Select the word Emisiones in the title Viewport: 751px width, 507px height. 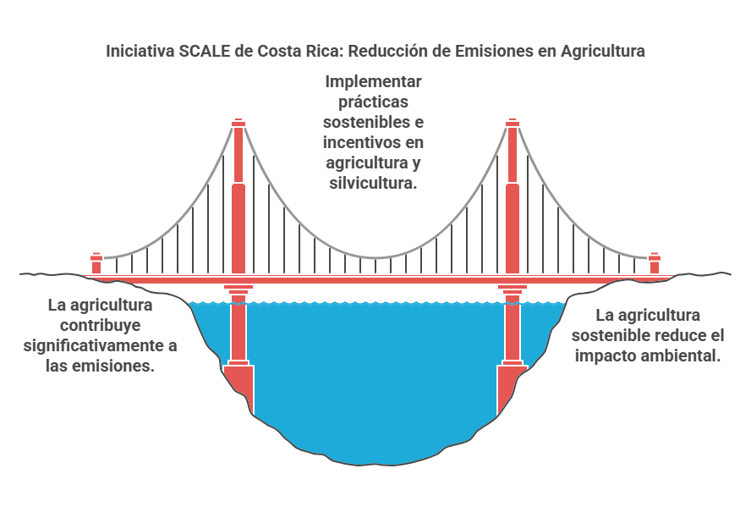pyautogui.click(x=493, y=51)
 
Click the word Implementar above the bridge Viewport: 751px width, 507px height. pyautogui.click(x=373, y=81)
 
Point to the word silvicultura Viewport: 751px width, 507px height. pyautogui.click(x=373, y=183)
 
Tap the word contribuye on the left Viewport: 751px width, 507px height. pyautogui.click(x=100, y=325)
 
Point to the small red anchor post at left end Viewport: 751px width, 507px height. pyautogui.click(x=96, y=263)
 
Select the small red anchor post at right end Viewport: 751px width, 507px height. pyautogui.click(x=655, y=263)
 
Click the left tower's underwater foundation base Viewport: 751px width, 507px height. pyautogui.click(x=239, y=387)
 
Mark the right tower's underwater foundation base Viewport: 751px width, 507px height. pyautogui.click(x=513, y=387)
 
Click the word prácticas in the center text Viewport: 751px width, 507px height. pyautogui.click(x=374, y=102)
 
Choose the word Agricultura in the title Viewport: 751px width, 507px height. pyautogui.click(x=603, y=51)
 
